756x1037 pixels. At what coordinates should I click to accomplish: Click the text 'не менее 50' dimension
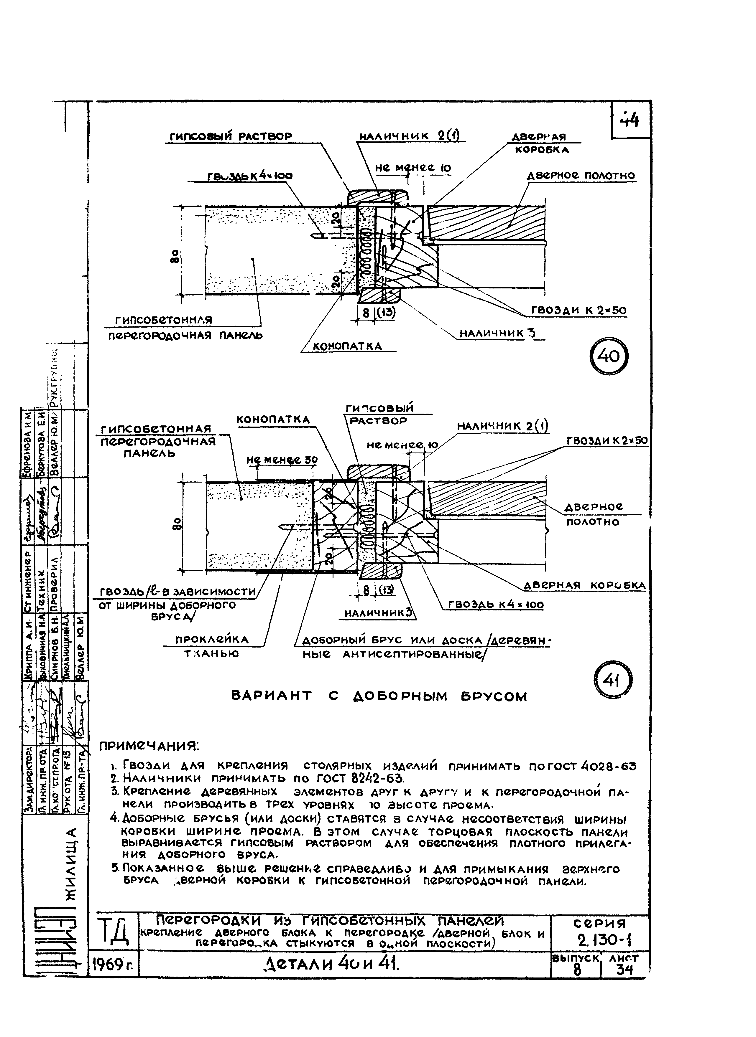click(282, 460)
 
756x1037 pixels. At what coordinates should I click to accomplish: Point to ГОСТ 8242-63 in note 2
click(360, 778)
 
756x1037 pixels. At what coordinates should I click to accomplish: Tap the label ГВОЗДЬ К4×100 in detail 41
click(496, 605)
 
